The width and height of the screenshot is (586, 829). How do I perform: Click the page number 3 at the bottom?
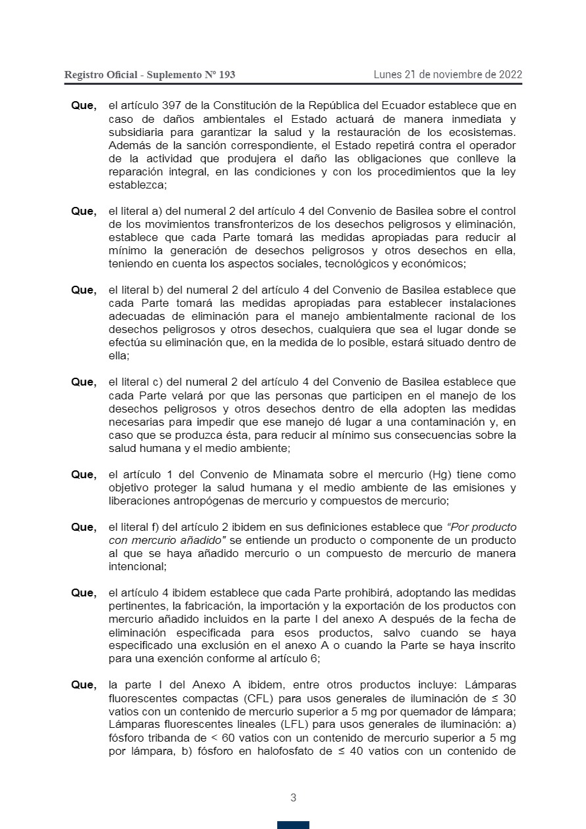coord(293,798)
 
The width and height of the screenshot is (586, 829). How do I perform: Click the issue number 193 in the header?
coord(226,75)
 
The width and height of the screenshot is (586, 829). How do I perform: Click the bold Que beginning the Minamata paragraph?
coord(83,474)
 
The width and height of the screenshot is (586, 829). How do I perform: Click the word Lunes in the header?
coord(389,74)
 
